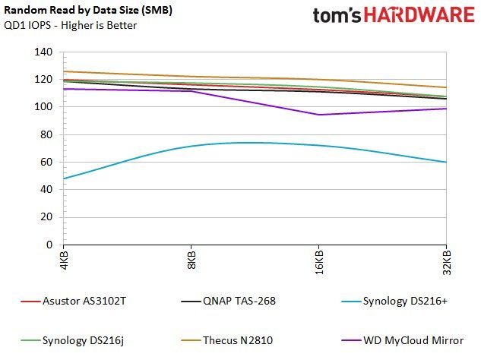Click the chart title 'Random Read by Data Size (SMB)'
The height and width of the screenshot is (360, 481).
click(88, 10)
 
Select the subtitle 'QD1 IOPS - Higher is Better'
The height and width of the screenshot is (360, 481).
click(70, 25)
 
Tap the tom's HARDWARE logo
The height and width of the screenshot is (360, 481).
click(394, 15)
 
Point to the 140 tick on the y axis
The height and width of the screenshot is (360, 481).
click(43, 52)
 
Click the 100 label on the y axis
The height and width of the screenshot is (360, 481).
click(43, 107)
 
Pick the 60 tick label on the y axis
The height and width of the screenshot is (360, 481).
click(46, 162)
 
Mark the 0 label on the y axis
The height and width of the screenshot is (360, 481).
click(49, 245)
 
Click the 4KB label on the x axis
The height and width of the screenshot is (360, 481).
click(64, 260)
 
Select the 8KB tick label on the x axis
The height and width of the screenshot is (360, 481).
click(191, 260)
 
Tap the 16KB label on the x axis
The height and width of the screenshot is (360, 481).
click(319, 263)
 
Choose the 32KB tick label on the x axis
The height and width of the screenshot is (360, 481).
click(447, 263)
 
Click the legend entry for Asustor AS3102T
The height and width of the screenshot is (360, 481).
click(73, 301)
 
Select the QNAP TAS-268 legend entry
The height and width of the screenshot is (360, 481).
click(229, 301)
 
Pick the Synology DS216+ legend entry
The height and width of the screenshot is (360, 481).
click(394, 301)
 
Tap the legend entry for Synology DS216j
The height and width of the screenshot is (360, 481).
click(72, 340)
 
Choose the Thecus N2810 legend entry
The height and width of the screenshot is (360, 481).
click(227, 340)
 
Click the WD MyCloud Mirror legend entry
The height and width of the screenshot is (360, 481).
click(403, 340)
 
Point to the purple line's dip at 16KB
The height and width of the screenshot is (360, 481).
click(319, 115)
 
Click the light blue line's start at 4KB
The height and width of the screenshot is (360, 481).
click(64, 178)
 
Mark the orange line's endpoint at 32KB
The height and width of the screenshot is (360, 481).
click(446, 87)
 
